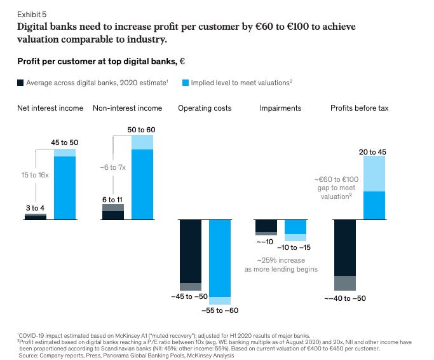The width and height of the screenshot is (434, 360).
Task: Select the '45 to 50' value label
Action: [65, 142]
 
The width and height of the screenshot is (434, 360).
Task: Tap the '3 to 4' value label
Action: [34, 207]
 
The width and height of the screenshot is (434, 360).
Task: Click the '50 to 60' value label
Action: [142, 129]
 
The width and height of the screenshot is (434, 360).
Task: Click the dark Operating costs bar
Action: [190, 251]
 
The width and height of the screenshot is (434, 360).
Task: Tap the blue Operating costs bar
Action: [220, 258]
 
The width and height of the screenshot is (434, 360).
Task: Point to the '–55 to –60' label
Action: [220, 310]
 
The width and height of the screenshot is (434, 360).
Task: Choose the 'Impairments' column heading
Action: [280, 108]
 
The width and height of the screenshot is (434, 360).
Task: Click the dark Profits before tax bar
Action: [345, 248]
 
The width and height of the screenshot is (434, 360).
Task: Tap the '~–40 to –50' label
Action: [345, 298]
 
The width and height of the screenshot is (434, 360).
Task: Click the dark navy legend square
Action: [20, 82]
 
